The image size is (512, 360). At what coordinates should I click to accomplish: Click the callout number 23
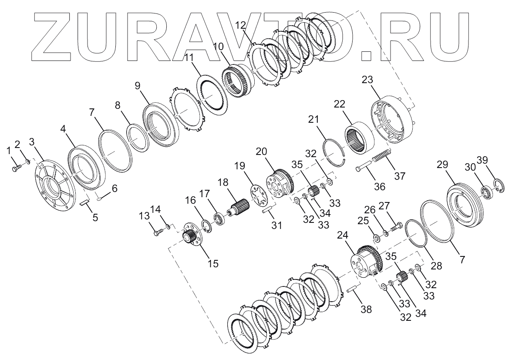[x=367, y=80]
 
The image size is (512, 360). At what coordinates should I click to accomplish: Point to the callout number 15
[x=213, y=263]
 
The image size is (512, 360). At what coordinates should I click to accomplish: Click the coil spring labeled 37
[x=381, y=157]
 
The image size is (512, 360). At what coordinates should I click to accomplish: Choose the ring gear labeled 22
[x=360, y=138]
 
